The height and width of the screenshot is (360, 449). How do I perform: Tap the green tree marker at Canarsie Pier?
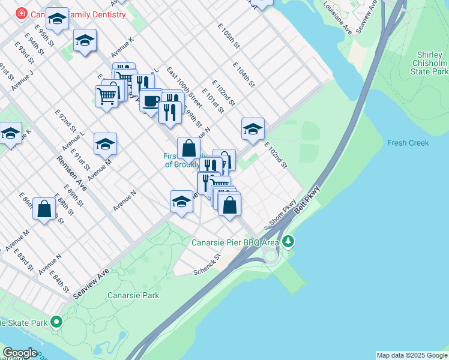(x=289, y=242)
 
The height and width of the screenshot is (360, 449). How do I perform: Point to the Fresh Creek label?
(x=408, y=143)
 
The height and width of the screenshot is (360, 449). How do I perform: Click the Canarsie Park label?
(x=133, y=295)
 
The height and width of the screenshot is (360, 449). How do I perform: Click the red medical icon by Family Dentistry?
(x=22, y=13)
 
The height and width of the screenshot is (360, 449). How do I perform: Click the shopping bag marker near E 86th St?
(x=44, y=209)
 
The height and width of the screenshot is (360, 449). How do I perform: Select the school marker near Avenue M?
(x=105, y=144)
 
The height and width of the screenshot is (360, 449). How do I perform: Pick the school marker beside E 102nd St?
(x=253, y=128)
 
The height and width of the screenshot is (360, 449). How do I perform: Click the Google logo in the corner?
(x=20, y=353)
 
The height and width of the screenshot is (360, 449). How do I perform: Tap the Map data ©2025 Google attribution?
(x=412, y=355)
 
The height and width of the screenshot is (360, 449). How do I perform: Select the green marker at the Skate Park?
(x=56, y=323)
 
